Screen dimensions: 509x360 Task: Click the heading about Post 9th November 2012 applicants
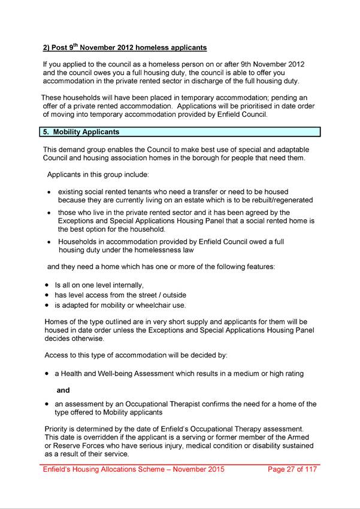point(125,47)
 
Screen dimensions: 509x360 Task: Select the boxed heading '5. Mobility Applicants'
point(81,132)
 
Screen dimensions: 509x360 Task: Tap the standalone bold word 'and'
point(63,390)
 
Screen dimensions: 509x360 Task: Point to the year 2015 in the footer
point(214,469)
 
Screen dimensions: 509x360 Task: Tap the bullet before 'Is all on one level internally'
point(47,286)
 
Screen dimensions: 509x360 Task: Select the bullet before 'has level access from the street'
point(47,295)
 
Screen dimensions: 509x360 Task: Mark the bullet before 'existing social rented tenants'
point(49,192)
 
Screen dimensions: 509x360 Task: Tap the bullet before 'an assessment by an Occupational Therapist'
point(47,404)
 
